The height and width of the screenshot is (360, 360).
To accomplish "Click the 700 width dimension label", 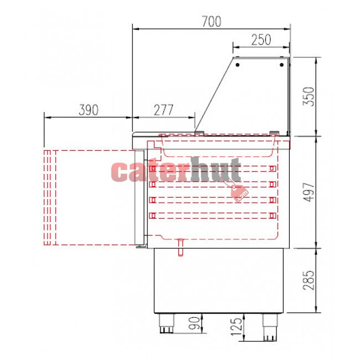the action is tap(212, 22).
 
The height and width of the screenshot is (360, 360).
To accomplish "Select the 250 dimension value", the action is tap(261, 40).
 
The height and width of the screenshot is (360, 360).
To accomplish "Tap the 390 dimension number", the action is tap(89, 110).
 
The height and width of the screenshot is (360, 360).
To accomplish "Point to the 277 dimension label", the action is tap(163, 110).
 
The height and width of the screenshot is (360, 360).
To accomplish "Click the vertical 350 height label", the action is tap(308, 96).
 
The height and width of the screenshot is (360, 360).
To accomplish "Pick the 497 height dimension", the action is tap(308, 192).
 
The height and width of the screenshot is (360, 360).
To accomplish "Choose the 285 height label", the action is tap(308, 280).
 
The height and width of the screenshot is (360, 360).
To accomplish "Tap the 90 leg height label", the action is tap(194, 323).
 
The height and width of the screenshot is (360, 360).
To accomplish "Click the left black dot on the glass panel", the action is tap(238, 65).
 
